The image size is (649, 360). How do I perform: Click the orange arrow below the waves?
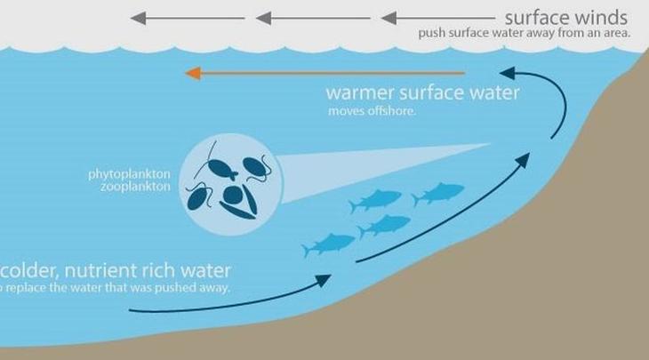pyautogui.click(x=324, y=73)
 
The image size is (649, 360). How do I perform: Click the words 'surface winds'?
pyautogui.click(x=566, y=17)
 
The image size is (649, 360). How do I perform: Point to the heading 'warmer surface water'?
pyautogui.click(x=422, y=92)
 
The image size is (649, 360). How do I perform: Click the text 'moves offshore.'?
pyautogui.click(x=365, y=111)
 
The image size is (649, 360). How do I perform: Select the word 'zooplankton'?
pyautogui.click(x=135, y=187)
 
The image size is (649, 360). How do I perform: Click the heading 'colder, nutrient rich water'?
pyautogui.click(x=116, y=268)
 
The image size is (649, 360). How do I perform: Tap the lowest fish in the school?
pyautogui.click(x=329, y=242)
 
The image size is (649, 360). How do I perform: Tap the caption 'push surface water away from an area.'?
pyautogui.click(x=525, y=34)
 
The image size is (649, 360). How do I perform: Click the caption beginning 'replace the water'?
pyautogui.click(x=116, y=288)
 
